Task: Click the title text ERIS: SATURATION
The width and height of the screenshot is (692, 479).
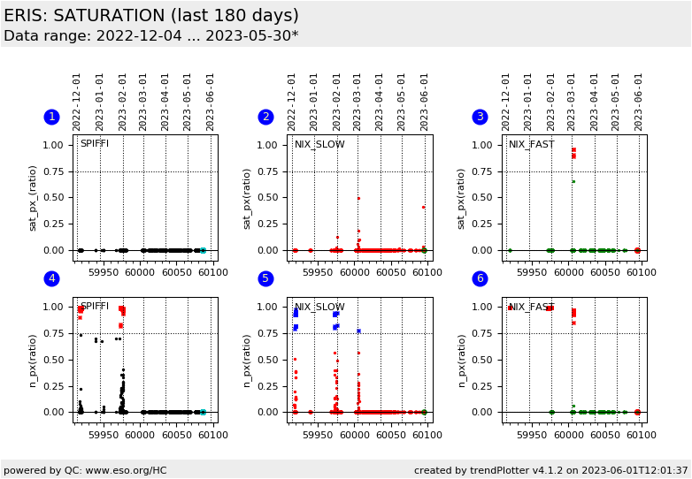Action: (x=151, y=16)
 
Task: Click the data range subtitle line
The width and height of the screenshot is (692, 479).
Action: (x=151, y=36)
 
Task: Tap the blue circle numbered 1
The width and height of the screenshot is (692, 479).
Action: (x=51, y=117)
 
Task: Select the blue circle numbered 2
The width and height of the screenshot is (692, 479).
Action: (x=265, y=117)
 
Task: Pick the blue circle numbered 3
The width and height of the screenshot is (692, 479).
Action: (x=480, y=117)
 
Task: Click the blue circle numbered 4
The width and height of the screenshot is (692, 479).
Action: (x=51, y=279)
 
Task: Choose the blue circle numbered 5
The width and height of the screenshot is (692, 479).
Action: (x=265, y=279)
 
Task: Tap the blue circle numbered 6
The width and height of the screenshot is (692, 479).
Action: (x=480, y=279)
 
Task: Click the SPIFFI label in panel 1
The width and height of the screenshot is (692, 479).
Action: (x=95, y=144)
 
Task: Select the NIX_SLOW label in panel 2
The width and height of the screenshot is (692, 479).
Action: (x=319, y=145)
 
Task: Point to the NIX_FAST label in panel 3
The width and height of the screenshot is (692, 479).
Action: (x=531, y=145)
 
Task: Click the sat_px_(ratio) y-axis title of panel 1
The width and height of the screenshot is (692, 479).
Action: (x=33, y=198)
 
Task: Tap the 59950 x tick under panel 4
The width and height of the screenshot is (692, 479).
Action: (x=104, y=435)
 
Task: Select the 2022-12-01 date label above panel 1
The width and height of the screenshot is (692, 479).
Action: (x=78, y=102)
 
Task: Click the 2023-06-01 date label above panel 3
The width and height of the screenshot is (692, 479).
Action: (x=638, y=102)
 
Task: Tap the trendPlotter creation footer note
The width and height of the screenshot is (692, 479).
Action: (x=550, y=470)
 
